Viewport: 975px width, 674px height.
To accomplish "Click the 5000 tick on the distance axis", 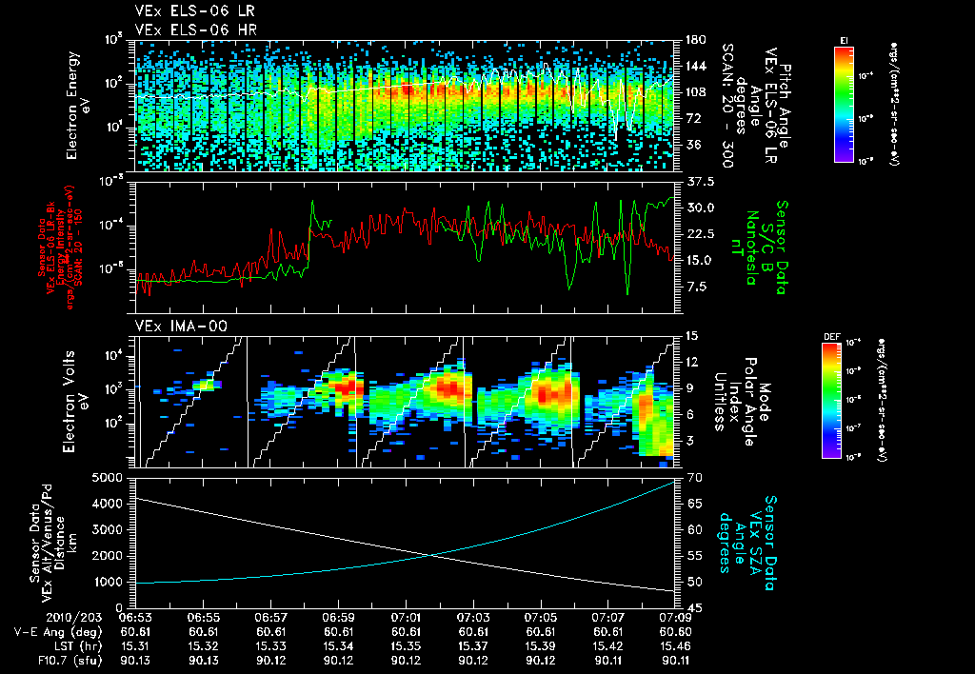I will point(111,476).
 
